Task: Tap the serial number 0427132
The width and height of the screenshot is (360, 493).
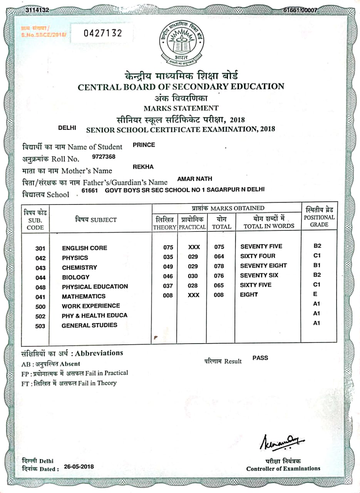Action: pyautogui.click(x=103, y=33)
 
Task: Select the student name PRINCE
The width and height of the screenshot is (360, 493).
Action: pyautogui.click(x=144, y=145)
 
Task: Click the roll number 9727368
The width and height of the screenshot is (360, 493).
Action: pyautogui.click(x=104, y=157)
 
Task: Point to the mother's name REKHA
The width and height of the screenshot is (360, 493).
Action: pyautogui.click(x=143, y=167)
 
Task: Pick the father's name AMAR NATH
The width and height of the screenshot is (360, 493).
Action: pyautogui.click(x=194, y=179)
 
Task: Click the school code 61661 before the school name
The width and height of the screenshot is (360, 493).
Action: pyautogui.click(x=90, y=190)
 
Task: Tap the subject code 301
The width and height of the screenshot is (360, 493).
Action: pyautogui.click(x=40, y=248)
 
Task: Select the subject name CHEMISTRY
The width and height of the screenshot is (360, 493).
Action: pyautogui.click(x=79, y=267)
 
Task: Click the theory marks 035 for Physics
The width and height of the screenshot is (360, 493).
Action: pyautogui.click(x=168, y=257)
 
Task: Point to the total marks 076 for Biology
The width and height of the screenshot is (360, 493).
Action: pyautogui.click(x=219, y=276)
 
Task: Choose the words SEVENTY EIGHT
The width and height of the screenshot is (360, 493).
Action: pyautogui.click(x=263, y=265)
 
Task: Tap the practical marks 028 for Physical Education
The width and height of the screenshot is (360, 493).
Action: pyautogui.click(x=193, y=285)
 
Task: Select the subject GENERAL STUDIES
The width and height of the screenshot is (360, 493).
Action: pyautogui.click(x=89, y=325)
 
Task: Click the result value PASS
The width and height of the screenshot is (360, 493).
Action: pyautogui.click(x=260, y=358)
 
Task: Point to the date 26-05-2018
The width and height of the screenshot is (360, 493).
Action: pyautogui.click(x=79, y=466)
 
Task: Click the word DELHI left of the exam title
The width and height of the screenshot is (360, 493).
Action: pyautogui.click(x=67, y=127)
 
